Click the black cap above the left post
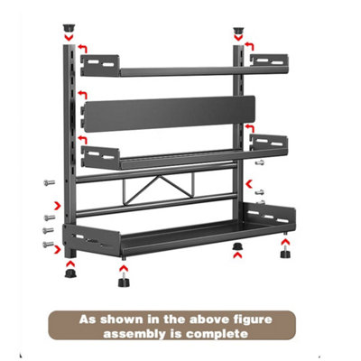coord(69,29)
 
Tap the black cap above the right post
coord(238,31)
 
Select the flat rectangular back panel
coord(170,114)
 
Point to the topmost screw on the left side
coord(50,182)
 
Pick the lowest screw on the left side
coord(48,244)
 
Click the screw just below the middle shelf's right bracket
coord(260,162)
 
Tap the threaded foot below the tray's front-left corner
coord(124,279)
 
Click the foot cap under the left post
coord(70,273)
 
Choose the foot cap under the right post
coord(238,245)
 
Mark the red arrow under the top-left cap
coord(69,38)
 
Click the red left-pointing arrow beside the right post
coord(249,183)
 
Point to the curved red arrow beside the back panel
coord(83,95)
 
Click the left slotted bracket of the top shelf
coord(100,65)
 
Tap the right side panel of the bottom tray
coord(269,214)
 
